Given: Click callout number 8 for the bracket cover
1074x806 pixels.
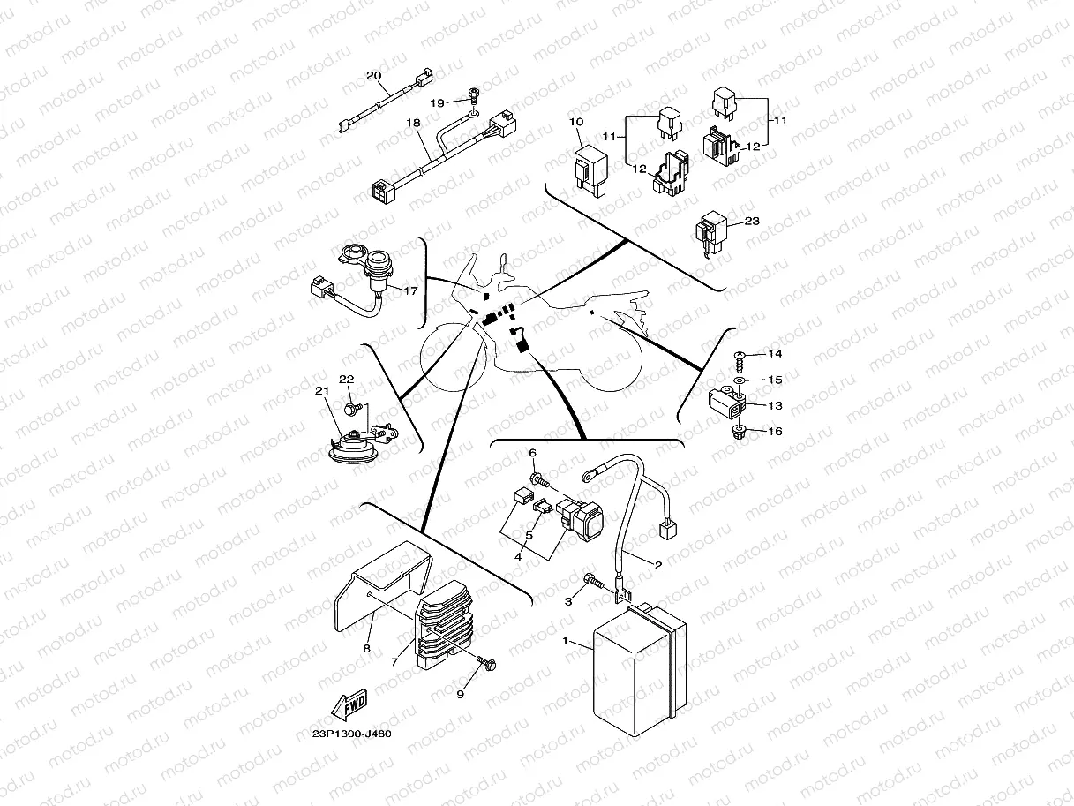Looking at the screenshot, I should point(366,649).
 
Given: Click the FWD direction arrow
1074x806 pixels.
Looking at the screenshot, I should point(349,705).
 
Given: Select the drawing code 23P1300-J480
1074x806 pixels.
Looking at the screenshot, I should point(351,734).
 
